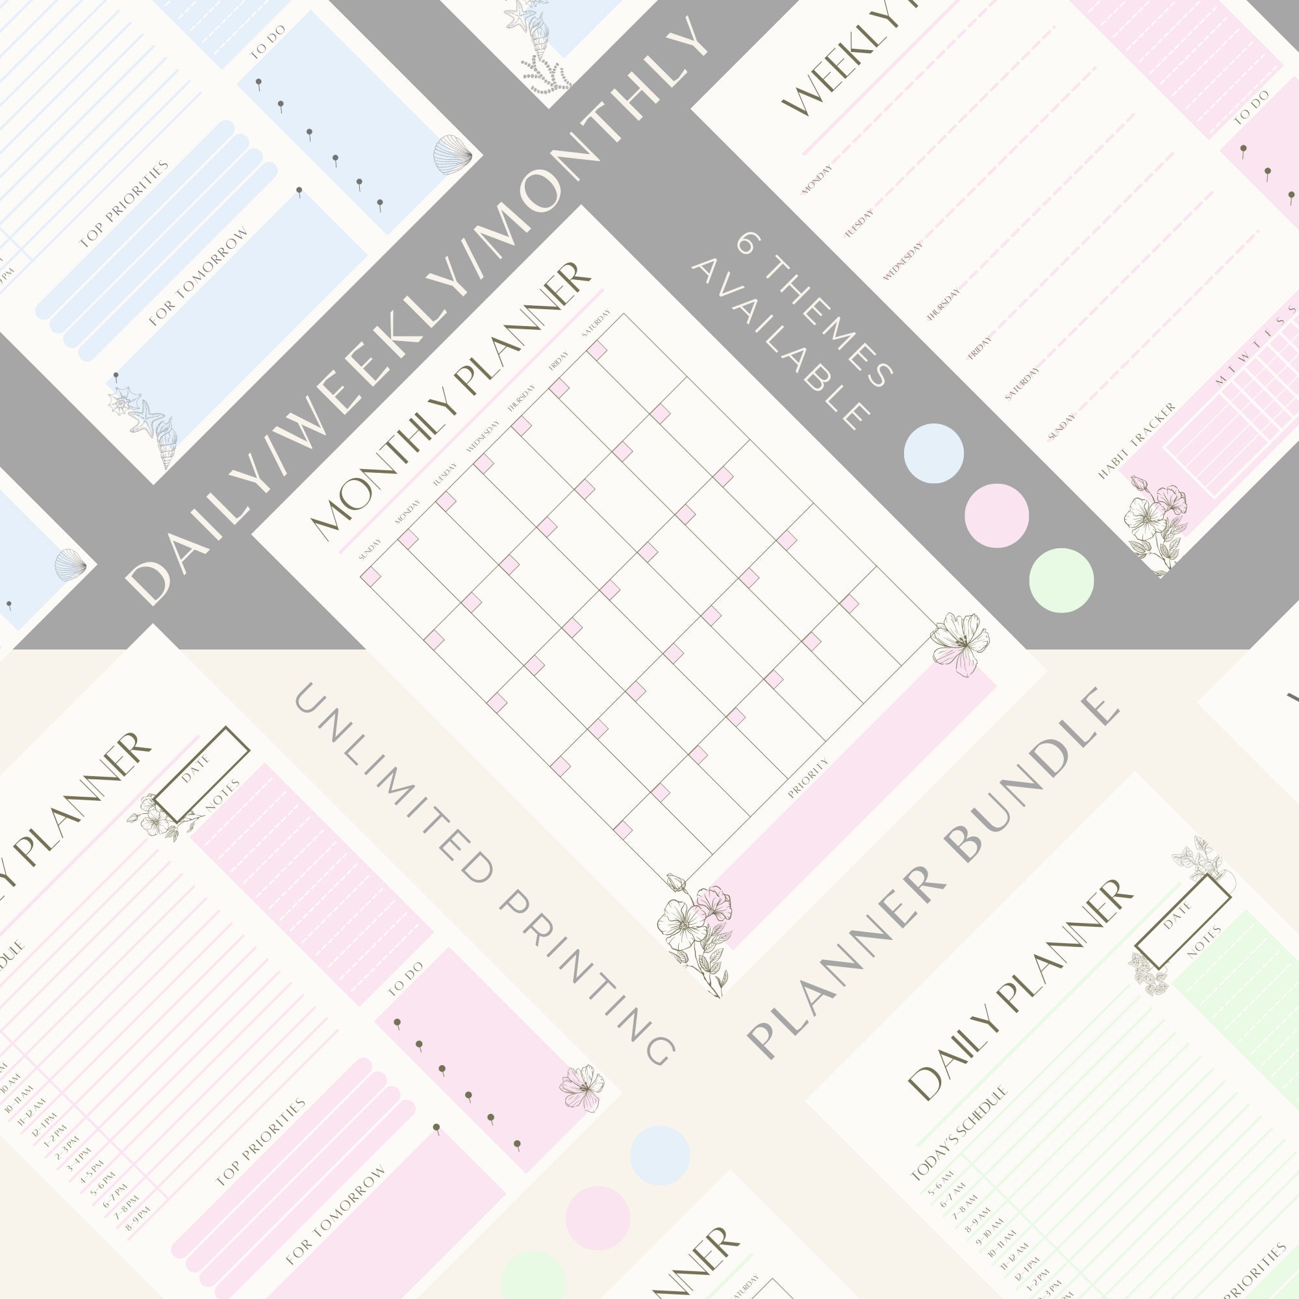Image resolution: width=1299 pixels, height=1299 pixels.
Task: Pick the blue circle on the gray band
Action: click(x=933, y=453)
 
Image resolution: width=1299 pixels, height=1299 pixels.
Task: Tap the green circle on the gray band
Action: click(x=1061, y=580)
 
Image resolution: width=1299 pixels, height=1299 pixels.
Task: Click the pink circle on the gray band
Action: click(x=996, y=516)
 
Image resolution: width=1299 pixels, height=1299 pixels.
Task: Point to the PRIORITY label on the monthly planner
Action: click(x=807, y=777)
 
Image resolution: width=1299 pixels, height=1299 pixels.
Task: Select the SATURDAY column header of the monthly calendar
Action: click(x=596, y=323)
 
